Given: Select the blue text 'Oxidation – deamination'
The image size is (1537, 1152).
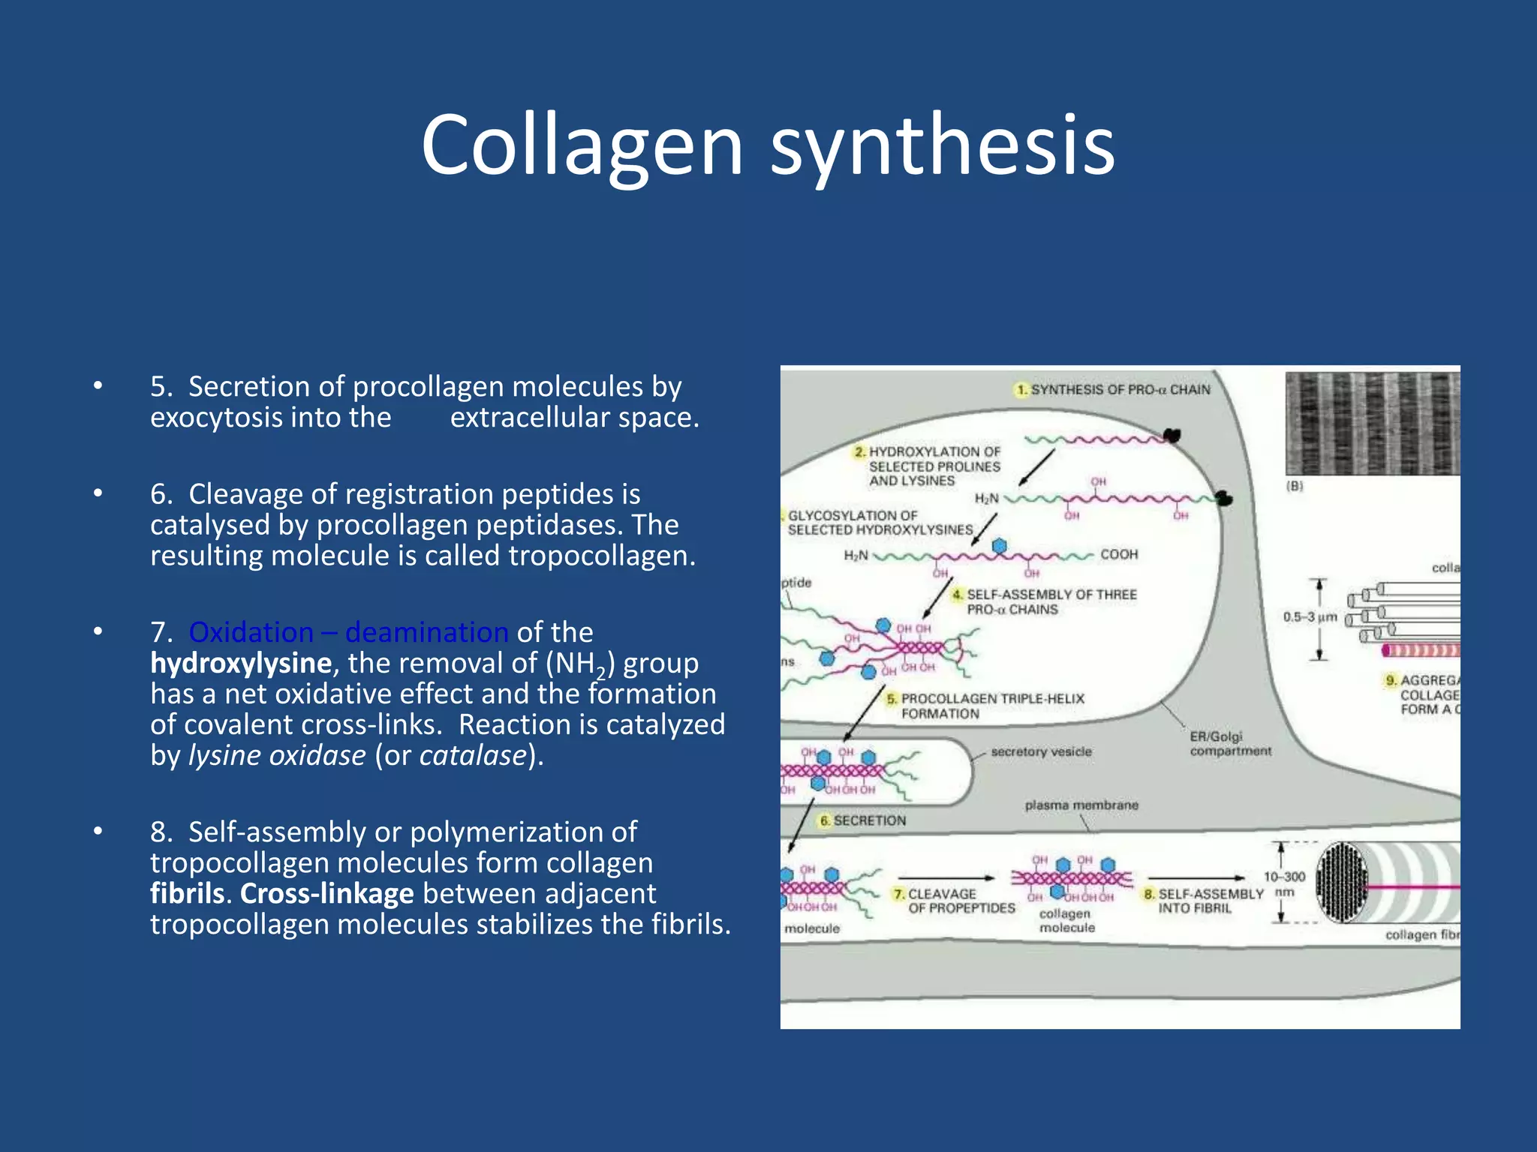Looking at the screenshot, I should coord(348,632).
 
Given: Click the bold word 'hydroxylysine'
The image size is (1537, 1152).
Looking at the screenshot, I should coord(240,663).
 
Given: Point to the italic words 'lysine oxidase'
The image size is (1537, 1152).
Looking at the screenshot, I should coord(277,755).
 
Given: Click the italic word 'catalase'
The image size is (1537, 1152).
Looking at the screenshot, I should coord(473,755).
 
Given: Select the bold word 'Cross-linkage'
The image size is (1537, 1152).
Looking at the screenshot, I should coord(326,893).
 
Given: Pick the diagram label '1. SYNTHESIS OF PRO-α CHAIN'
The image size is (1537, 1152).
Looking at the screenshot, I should coord(1113,389).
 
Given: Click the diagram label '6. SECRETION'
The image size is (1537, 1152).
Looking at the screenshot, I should coord(863,820).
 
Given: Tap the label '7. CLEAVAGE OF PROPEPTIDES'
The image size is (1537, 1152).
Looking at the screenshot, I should coord(953,901).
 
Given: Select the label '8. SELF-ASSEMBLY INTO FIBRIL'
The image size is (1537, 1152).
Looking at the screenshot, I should coord(1203,901).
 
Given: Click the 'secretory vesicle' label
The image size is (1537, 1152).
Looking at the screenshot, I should coord(1041,751).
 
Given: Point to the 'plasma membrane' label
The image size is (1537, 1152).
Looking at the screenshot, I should coord(1081,805).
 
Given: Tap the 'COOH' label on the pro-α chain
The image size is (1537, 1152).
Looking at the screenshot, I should coord(1119,554).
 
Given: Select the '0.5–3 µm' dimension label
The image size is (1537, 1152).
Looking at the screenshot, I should coord(1310,617).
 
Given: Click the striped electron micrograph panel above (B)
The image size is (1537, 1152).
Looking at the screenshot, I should coord(1372,424).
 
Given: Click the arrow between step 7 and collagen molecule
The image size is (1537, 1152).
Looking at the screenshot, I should coord(946,877).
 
